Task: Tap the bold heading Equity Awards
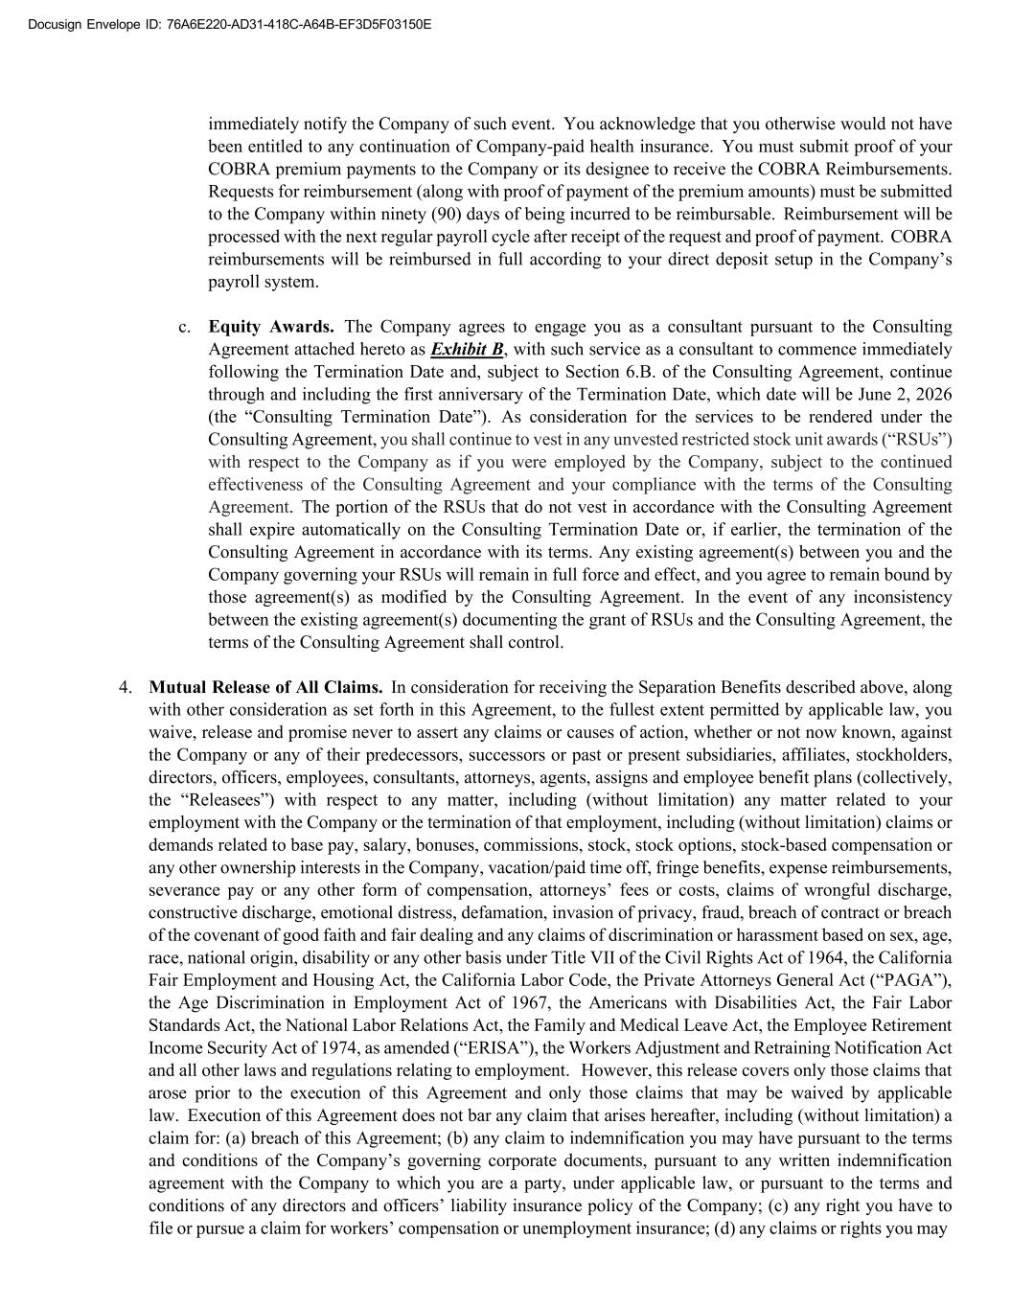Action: point(271,327)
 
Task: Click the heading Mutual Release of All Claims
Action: point(265,687)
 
